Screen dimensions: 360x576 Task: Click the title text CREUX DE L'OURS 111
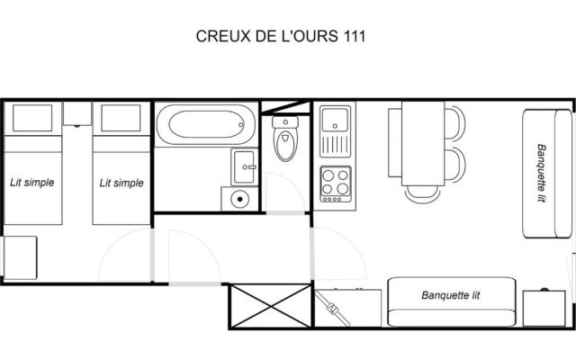tap(281, 37)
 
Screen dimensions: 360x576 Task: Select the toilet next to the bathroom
tap(285, 141)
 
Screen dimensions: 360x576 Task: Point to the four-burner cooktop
tap(336, 183)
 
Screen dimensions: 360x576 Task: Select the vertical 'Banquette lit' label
tap(542, 174)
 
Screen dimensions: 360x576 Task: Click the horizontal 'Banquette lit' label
tap(451, 294)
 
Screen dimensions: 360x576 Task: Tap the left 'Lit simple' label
tap(32, 183)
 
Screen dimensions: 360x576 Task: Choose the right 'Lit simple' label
tap(121, 183)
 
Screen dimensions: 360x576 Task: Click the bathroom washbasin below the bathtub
tap(243, 166)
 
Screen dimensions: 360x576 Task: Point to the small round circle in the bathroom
tap(239, 200)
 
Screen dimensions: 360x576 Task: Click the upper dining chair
tap(454, 124)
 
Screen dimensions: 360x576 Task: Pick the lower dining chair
tap(454, 166)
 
